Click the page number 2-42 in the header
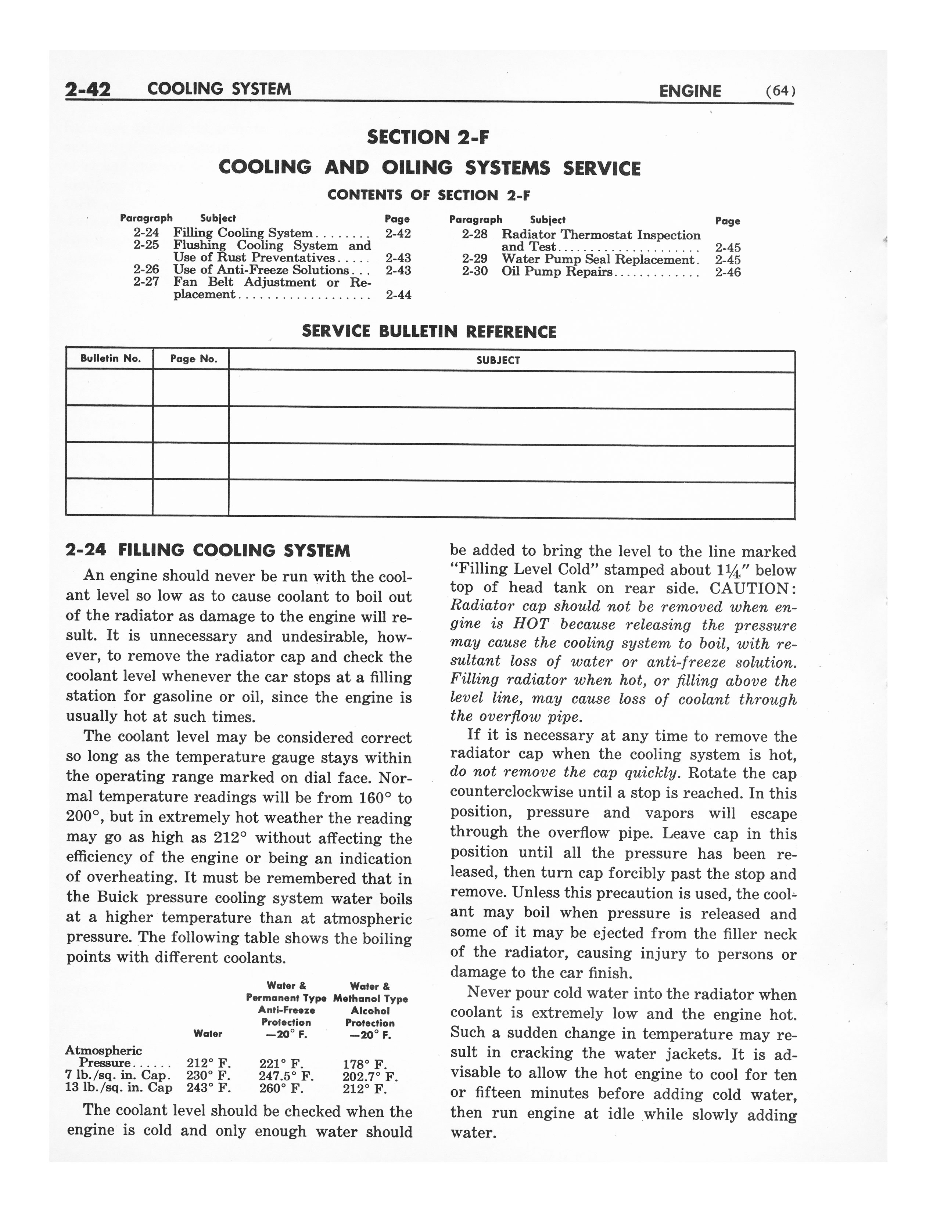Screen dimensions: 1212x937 (x=88, y=89)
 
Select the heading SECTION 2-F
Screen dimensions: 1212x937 (x=428, y=137)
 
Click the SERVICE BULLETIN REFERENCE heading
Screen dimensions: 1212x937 (x=428, y=332)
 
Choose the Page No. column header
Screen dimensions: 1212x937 (x=190, y=359)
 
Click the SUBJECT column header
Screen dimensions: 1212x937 (x=498, y=361)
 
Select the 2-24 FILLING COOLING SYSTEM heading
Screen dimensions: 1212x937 (x=208, y=551)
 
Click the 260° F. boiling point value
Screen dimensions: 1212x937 (x=281, y=1088)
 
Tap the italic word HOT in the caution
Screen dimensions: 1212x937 (x=531, y=625)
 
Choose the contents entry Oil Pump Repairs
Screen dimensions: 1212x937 (x=557, y=272)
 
